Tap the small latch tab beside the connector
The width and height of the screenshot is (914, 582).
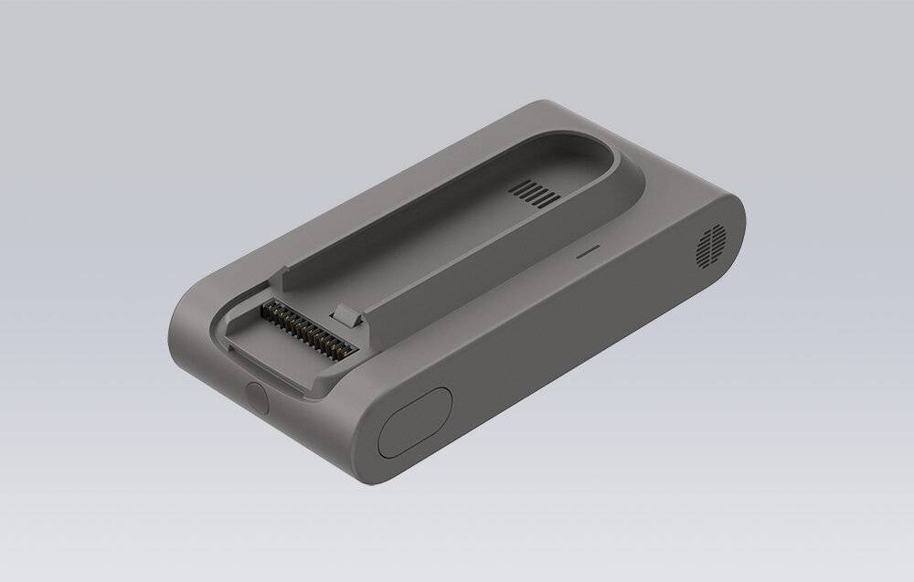pos(346,315)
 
